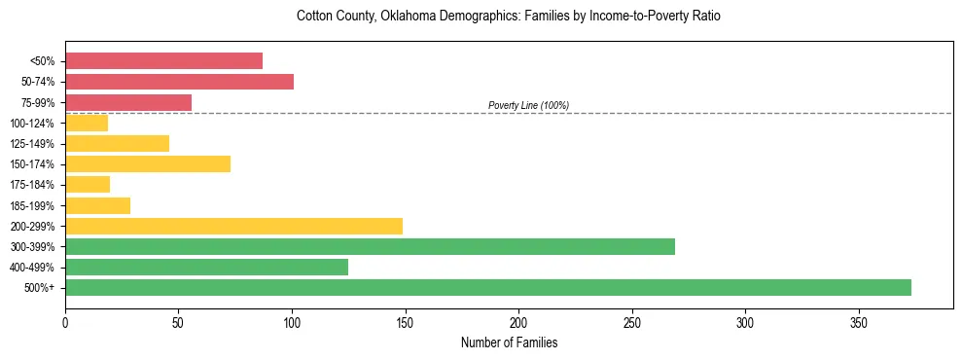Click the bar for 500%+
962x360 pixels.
click(488, 287)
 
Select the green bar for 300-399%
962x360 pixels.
click(370, 246)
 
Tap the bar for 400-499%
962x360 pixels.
click(206, 267)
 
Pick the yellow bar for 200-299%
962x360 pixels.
click(233, 226)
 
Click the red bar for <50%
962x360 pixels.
click(163, 60)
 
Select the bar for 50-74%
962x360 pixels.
click(179, 82)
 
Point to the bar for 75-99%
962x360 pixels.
click(128, 102)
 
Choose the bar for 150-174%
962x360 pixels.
click(148, 163)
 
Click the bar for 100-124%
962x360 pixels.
click(87, 123)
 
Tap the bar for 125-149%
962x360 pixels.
click(117, 143)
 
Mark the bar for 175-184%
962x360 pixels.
click(88, 184)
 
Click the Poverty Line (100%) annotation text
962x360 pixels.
click(528, 105)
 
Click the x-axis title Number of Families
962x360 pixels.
click(509, 343)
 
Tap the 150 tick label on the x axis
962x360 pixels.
click(406, 322)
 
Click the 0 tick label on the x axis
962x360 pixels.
click(65, 322)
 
